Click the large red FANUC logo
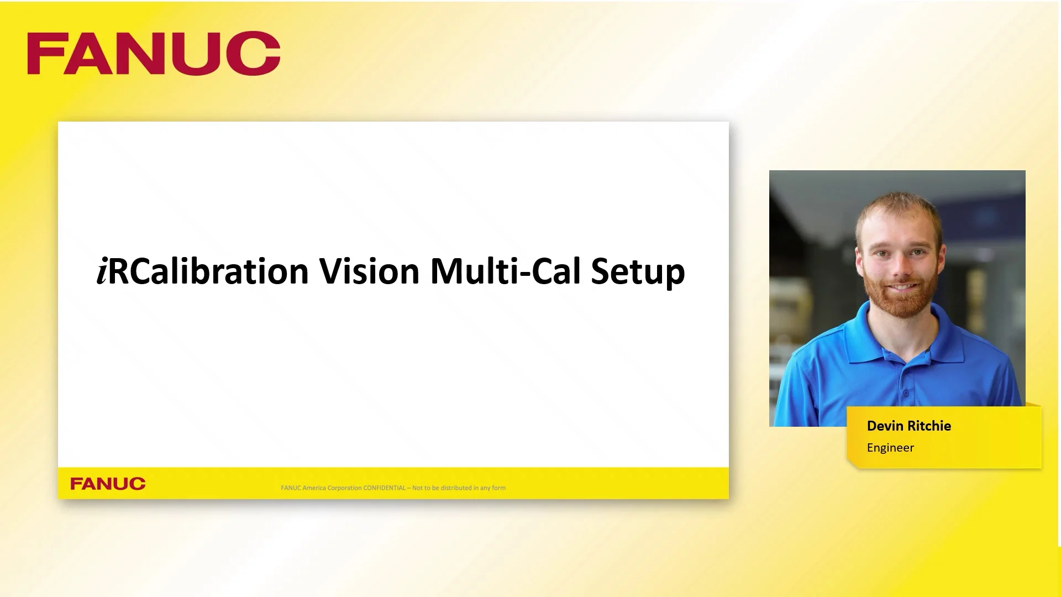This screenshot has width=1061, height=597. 154,53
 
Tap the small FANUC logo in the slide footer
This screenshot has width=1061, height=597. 108,484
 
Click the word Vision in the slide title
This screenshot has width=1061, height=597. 369,271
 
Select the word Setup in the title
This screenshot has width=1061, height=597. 638,273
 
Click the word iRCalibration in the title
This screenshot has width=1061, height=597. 202,271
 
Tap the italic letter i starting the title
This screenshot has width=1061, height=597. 102,272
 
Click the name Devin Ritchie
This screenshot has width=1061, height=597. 908,426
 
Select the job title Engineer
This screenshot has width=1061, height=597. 890,448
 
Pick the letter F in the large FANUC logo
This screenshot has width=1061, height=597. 44,53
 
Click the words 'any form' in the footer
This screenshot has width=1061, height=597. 492,488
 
